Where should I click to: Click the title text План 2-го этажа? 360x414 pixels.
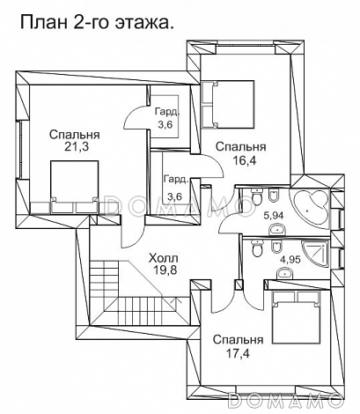(97, 22)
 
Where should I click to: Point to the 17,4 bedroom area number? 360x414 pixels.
(238, 353)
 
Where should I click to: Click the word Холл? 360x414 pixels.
(163, 259)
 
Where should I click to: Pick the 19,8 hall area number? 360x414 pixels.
(165, 270)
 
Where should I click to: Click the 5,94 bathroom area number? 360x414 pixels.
(273, 216)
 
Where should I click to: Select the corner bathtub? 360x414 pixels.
(310, 209)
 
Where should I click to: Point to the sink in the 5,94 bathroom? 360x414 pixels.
(277, 229)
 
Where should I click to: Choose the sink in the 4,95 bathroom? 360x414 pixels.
(285, 273)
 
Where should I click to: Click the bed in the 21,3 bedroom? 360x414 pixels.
(75, 187)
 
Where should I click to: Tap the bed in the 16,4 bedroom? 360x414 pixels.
(228, 105)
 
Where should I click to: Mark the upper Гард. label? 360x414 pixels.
(167, 112)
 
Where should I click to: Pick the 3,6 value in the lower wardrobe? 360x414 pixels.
(174, 196)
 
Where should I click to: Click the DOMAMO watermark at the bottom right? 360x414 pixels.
(284, 400)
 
